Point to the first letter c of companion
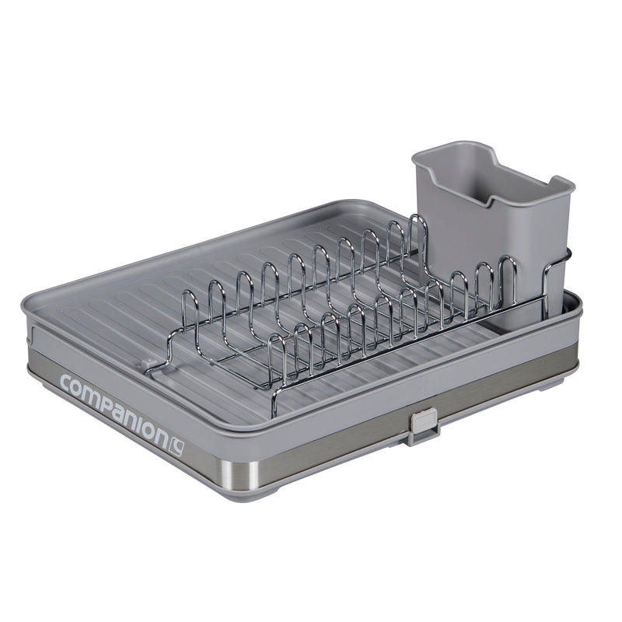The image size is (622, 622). pyautogui.click(x=65, y=383)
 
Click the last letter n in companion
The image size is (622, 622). pyautogui.click(x=160, y=432)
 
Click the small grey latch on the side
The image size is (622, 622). pyautogui.click(x=421, y=425)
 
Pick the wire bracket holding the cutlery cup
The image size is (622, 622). pyautogui.click(x=554, y=280)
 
